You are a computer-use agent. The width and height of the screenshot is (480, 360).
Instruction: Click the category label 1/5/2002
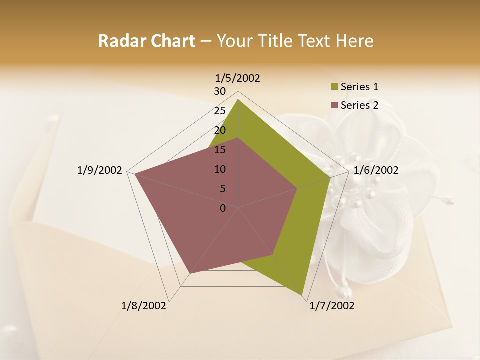(238, 78)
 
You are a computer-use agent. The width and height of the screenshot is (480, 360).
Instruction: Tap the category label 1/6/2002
(376, 170)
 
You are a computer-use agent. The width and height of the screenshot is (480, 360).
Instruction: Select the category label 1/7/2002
(332, 306)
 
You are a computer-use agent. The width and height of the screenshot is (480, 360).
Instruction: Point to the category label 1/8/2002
(144, 306)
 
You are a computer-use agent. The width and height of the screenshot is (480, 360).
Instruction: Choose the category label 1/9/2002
(99, 170)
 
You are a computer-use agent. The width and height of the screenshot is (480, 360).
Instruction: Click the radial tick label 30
(220, 91)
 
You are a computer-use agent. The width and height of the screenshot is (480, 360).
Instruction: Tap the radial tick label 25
(220, 111)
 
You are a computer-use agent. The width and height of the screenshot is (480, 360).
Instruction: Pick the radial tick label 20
(220, 130)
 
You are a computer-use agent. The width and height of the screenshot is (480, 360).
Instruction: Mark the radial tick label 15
(220, 150)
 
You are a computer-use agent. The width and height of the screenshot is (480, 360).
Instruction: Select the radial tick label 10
(220, 169)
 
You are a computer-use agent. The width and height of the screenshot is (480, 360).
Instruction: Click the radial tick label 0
(223, 208)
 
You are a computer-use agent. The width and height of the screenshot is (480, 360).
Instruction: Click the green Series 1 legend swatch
(335, 87)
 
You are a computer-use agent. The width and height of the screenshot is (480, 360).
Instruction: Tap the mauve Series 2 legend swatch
(335, 105)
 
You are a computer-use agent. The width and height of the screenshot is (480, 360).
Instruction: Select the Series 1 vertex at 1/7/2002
(302, 295)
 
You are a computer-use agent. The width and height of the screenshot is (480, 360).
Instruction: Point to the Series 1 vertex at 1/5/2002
(238, 99)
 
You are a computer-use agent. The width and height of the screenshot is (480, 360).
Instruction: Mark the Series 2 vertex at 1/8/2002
(190, 273)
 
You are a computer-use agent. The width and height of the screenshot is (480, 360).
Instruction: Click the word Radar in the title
(120, 41)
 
